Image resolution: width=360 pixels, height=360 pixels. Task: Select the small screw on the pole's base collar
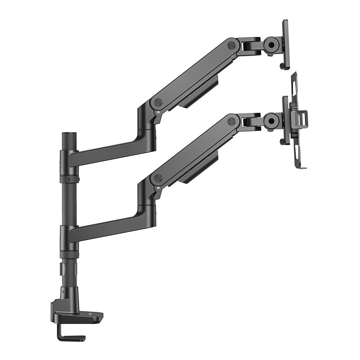click(63, 291)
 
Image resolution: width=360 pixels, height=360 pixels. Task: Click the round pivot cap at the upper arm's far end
click(231, 45)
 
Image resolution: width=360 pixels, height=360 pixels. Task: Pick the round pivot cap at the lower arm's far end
click(231, 121)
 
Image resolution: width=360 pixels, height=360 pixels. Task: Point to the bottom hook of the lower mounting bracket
click(302, 167)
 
